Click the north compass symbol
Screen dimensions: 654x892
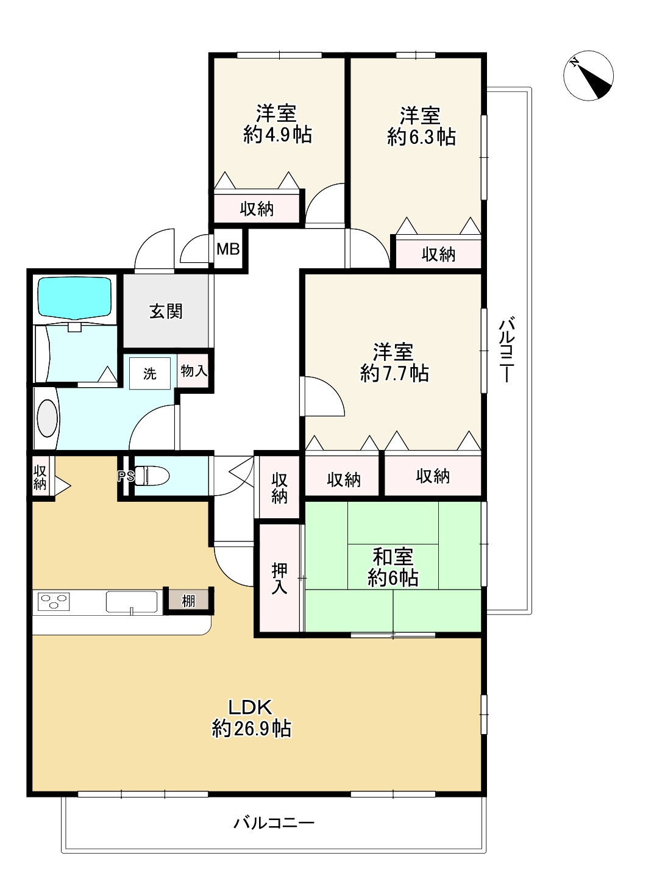coord(588,76)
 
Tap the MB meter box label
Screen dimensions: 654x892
coord(228,249)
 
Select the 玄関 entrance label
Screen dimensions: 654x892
coord(166,312)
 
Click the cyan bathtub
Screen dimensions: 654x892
coord(74,298)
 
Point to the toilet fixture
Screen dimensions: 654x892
coord(151,476)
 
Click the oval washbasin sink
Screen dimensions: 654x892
coord(48,418)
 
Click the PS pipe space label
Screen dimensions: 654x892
coord(126,476)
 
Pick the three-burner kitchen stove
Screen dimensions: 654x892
coord(54,602)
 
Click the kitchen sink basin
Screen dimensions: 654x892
coord(132,602)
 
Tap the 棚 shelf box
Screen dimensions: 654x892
coord(188,601)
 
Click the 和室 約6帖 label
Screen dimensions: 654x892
coord(393,568)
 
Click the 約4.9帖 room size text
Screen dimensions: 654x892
coord(277,135)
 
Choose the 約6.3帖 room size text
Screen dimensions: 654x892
coord(421,137)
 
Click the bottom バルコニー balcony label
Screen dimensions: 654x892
coord(274,822)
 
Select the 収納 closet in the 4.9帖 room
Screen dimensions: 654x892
coord(257,209)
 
